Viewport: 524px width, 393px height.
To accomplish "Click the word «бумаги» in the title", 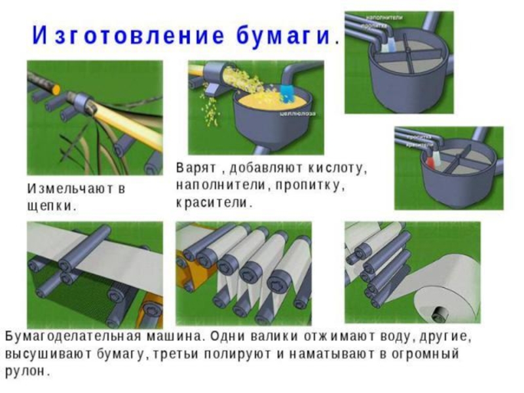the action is click(288, 35).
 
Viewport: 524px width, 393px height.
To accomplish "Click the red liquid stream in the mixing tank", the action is click(431, 160).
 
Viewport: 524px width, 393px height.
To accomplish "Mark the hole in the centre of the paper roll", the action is click(438, 313).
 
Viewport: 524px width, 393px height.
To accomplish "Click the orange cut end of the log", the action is click(55, 88).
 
